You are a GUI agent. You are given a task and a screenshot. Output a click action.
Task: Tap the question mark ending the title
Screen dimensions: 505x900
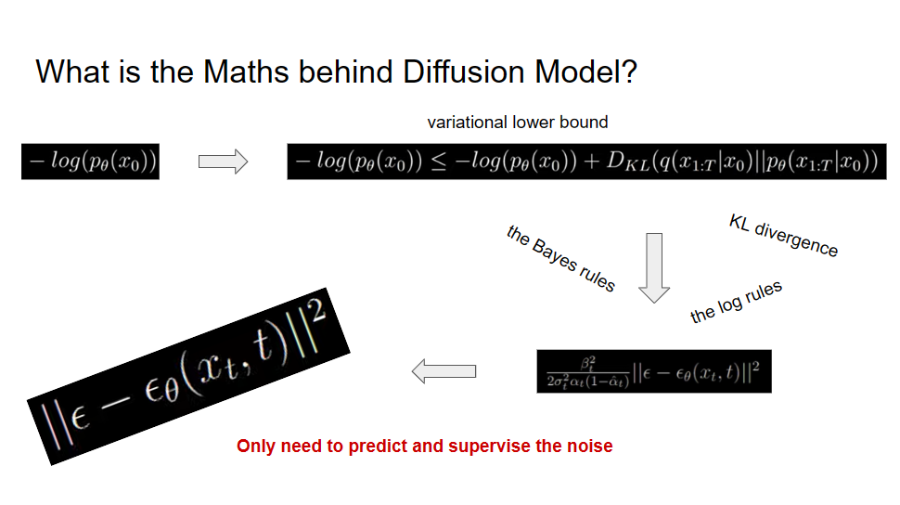coord(628,71)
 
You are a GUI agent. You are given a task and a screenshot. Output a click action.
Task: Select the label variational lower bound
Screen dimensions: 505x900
coord(518,123)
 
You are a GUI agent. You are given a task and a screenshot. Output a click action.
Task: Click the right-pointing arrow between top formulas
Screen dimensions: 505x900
coord(223,162)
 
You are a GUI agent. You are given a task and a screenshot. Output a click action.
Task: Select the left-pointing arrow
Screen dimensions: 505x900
coord(444,371)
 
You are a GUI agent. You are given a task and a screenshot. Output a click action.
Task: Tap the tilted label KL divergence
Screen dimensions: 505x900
coord(784,236)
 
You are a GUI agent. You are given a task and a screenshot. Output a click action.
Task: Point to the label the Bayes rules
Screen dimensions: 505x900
coord(561,258)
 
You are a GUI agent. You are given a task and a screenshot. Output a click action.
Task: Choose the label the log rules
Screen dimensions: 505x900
coord(737,302)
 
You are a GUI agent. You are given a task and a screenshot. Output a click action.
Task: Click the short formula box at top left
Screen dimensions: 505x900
coord(91,162)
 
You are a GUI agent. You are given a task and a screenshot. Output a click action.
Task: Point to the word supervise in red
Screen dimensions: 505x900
coord(492,447)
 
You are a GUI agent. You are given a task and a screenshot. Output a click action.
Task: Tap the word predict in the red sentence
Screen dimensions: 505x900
coord(379,447)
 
